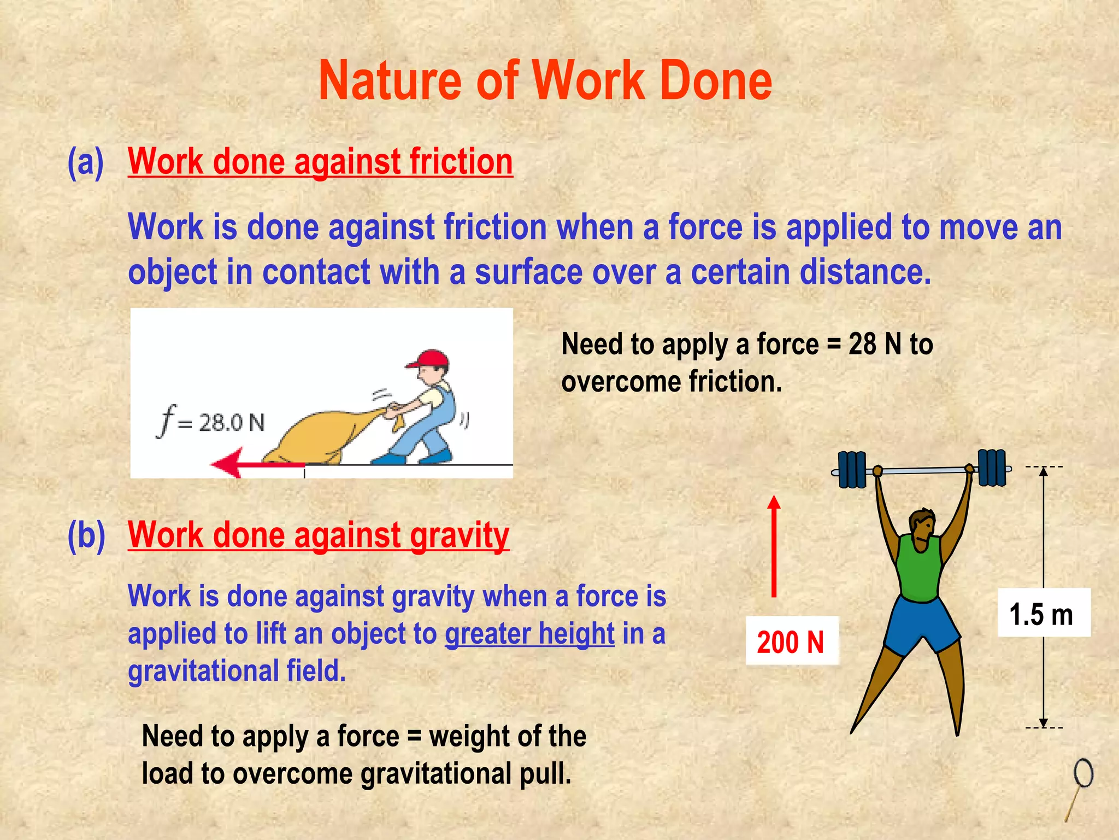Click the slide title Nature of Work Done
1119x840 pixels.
[545, 81]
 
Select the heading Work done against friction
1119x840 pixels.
[320, 162]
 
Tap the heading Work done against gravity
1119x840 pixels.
[319, 535]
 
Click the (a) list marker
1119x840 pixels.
[85, 162]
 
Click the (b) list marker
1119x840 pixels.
[86, 535]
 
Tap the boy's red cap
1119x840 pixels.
[429, 359]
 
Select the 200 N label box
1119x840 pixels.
[791, 641]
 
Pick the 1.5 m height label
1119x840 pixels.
[1043, 614]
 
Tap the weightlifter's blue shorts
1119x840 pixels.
[921, 623]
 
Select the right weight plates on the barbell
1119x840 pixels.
[992, 467]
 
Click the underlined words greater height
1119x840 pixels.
[529, 634]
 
